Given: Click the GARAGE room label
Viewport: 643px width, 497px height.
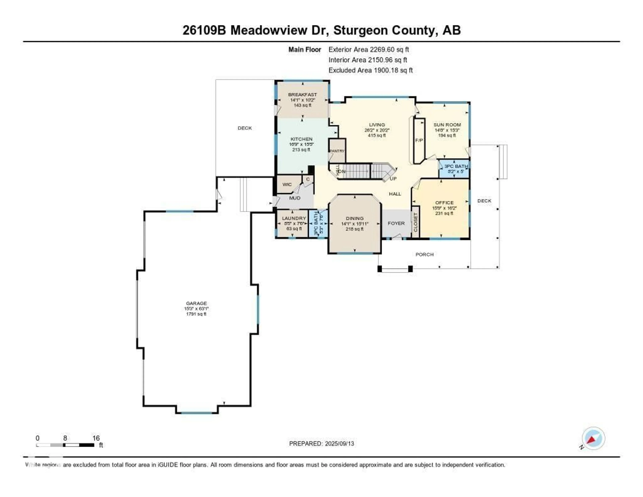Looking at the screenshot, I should pyautogui.click(x=196, y=303).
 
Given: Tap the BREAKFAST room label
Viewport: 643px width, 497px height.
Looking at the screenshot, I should pyautogui.click(x=302, y=95).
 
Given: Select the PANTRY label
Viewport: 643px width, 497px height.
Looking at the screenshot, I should pyautogui.click(x=337, y=151).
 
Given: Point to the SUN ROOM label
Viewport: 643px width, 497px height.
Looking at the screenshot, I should pyautogui.click(x=447, y=125).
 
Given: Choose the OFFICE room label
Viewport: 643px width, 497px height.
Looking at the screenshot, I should pyautogui.click(x=444, y=203).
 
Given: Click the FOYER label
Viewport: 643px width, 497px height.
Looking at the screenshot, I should pyautogui.click(x=396, y=223).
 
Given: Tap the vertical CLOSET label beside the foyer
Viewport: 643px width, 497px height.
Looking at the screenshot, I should pyautogui.click(x=415, y=222).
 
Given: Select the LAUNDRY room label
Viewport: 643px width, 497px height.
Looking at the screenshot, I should pyautogui.click(x=294, y=218).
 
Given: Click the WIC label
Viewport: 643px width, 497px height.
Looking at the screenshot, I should pyautogui.click(x=287, y=184).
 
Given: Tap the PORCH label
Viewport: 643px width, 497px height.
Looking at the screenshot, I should pyautogui.click(x=424, y=254).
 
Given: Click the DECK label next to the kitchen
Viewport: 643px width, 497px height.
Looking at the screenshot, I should pyautogui.click(x=245, y=128).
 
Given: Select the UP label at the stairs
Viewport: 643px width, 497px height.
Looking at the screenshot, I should pyautogui.click(x=393, y=178).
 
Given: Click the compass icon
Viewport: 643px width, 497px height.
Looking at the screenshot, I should pyautogui.click(x=593, y=438).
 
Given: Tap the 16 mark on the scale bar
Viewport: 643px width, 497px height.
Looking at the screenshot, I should pyautogui.click(x=96, y=438).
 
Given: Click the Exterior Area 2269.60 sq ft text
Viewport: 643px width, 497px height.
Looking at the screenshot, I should pyautogui.click(x=369, y=49).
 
